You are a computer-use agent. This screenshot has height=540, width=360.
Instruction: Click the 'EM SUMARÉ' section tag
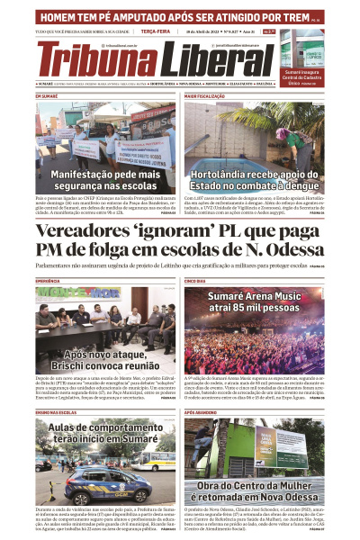[x=47, y=95]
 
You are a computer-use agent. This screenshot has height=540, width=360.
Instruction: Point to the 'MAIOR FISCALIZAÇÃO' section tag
[x=205, y=95]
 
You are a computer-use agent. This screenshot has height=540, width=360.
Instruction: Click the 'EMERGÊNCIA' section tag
[x=49, y=281]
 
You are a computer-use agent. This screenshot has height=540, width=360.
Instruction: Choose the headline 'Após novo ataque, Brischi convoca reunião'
[x=105, y=361]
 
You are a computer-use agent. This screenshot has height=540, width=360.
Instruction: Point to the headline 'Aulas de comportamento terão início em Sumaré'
[x=105, y=436]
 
